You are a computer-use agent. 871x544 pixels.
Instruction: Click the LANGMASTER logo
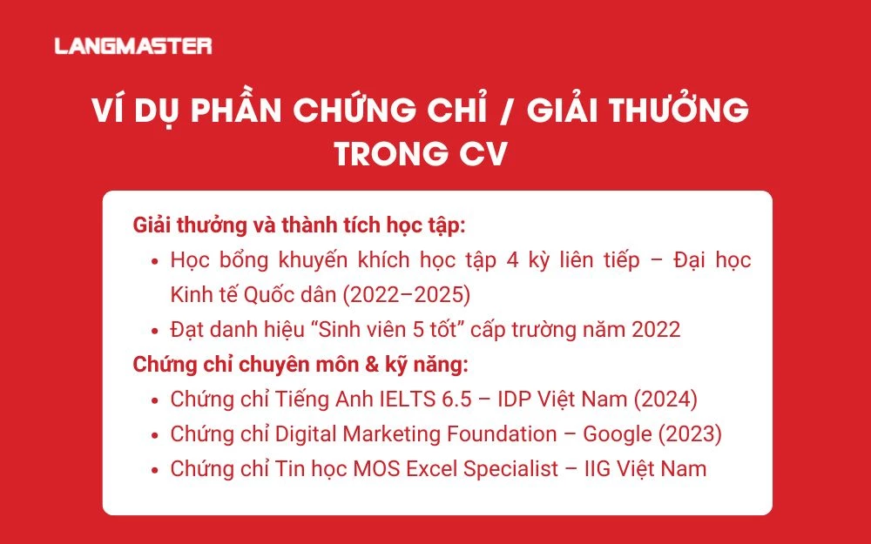coord(133,45)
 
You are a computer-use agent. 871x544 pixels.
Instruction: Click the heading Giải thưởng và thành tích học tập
coord(300,225)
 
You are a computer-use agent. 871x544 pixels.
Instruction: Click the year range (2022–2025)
coord(407,295)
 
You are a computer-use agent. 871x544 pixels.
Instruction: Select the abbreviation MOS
coord(375,468)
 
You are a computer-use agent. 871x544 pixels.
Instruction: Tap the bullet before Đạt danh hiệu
coord(154,331)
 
